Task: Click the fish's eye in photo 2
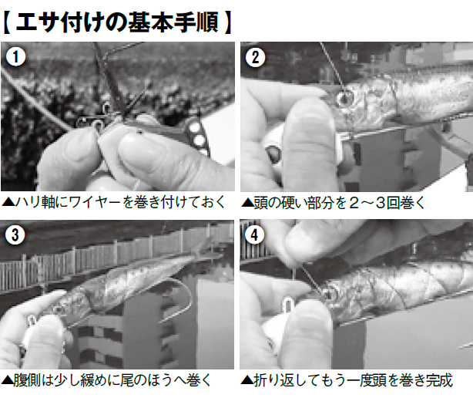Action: (x=344, y=98)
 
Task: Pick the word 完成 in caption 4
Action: (x=438, y=380)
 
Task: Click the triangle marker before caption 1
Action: (x=7, y=203)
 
